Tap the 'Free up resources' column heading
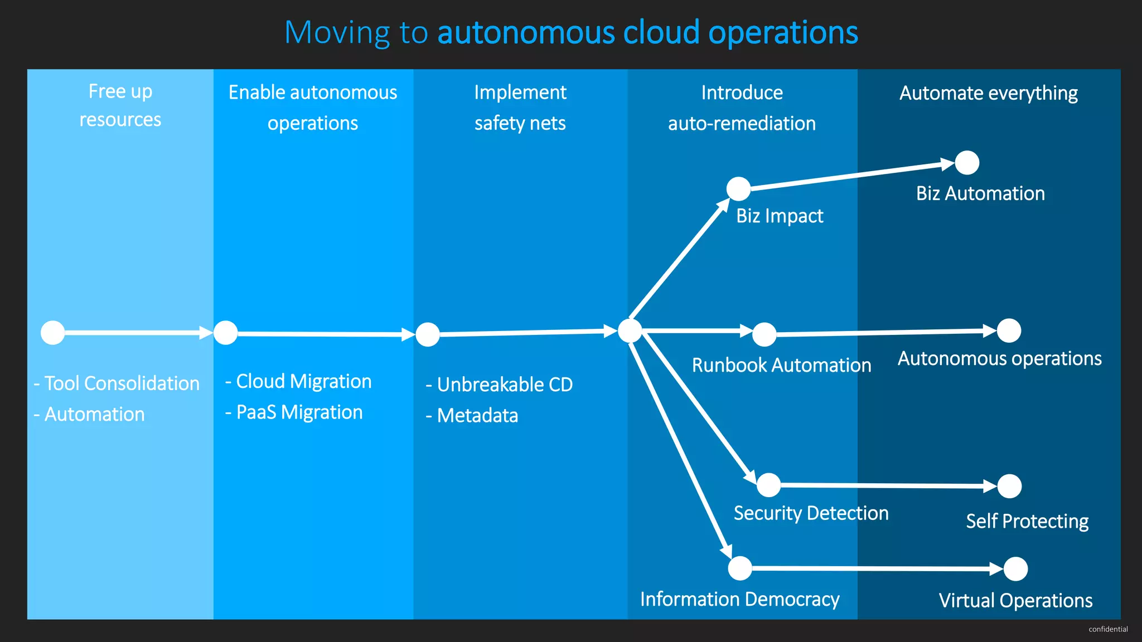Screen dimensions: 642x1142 (x=120, y=105)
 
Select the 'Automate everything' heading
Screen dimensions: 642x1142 (x=988, y=93)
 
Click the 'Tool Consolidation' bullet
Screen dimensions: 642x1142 (x=117, y=383)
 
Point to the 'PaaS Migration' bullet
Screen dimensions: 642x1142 (x=294, y=412)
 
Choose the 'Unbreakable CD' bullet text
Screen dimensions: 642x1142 (x=499, y=385)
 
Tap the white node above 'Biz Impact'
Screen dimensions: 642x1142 (x=738, y=189)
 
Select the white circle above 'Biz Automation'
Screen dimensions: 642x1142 (x=967, y=163)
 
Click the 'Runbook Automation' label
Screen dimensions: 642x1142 (x=781, y=365)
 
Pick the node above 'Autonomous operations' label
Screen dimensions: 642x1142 (x=1009, y=330)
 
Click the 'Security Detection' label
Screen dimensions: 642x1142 (x=811, y=513)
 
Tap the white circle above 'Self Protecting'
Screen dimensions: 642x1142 (x=1009, y=486)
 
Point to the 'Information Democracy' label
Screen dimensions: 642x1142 (x=739, y=599)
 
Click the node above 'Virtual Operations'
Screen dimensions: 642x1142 (x=1015, y=569)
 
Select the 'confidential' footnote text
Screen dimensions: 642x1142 (x=1108, y=629)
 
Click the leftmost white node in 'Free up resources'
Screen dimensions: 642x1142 (x=53, y=333)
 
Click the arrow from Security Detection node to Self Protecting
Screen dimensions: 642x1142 (x=887, y=485)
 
